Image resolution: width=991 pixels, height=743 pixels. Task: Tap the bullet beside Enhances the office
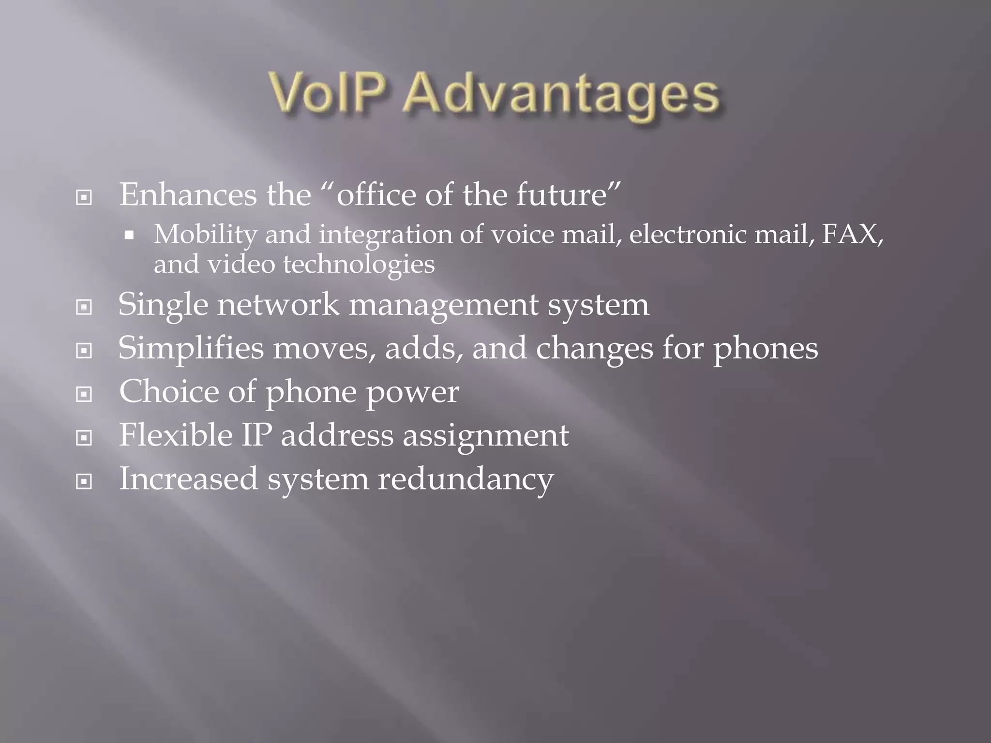[84, 197]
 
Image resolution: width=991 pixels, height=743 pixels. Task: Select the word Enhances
[188, 194]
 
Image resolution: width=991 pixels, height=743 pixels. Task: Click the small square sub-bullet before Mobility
[129, 236]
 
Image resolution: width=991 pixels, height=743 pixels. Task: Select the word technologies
[358, 265]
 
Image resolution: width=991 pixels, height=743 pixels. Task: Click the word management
[443, 306]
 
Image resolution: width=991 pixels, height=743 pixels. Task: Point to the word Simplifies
[191, 348]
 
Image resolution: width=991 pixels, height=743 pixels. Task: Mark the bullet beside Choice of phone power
[84, 394]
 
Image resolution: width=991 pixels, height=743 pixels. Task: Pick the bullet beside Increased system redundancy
[84, 481]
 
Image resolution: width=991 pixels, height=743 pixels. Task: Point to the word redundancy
[465, 479]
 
